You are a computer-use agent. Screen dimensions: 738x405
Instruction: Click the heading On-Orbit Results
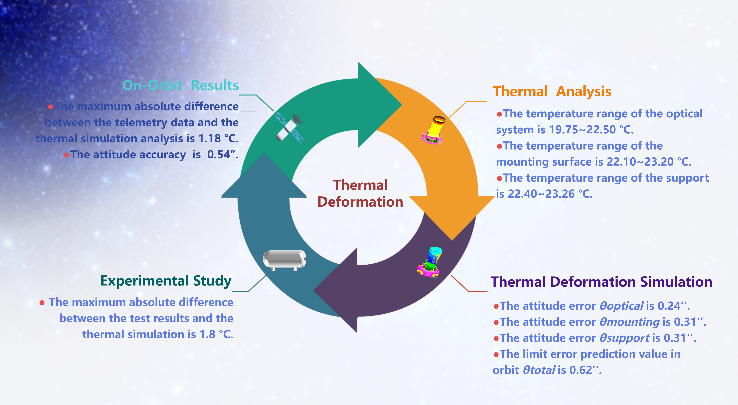(x=180, y=85)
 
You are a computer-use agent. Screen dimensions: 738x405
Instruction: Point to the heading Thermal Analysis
(x=552, y=92)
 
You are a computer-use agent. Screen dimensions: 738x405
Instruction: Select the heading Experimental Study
(x=166, y=281)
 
